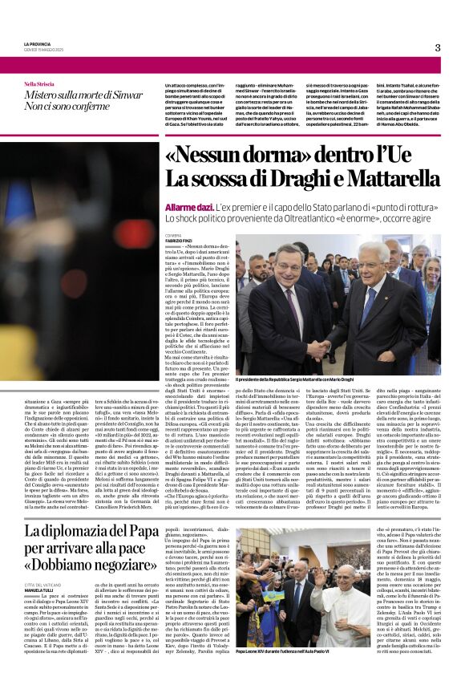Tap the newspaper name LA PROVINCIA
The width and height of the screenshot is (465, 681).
tap(39, 43)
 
